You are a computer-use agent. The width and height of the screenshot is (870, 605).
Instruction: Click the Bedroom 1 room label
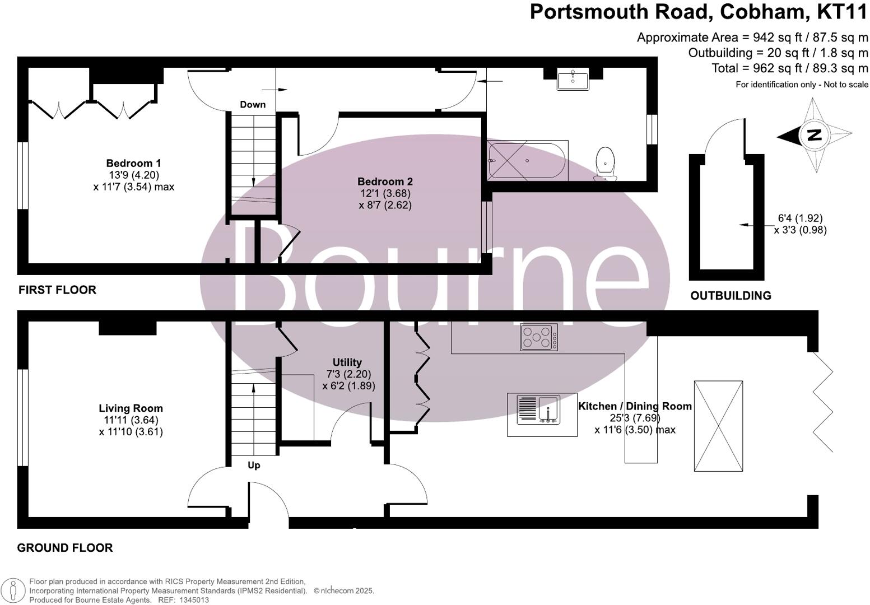click(133, 164)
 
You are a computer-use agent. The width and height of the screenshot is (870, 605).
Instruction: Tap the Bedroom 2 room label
click(385, 182)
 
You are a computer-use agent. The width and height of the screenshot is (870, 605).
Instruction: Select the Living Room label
click(131, 408)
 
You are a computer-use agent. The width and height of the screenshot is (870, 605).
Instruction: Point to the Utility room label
click(347, 362)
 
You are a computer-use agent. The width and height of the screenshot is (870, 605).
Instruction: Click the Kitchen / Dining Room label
click(635, 406)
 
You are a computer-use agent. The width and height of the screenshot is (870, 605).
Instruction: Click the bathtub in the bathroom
click(527, 161)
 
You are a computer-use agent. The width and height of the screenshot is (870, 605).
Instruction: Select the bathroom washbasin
click(573, 80)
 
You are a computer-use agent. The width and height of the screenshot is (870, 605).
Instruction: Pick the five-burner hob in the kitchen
click(538, 337)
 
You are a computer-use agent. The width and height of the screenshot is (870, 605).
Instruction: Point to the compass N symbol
click(814, 135)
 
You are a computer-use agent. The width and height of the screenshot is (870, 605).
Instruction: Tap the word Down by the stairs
click(253, 105)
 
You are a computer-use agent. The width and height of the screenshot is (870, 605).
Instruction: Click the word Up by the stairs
click(254, 466)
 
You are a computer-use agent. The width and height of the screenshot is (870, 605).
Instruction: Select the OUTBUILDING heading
click(731, 296)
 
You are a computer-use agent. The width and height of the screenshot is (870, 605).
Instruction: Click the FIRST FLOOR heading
click(57, 290)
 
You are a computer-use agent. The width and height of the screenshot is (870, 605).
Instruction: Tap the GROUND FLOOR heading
click(65, 548)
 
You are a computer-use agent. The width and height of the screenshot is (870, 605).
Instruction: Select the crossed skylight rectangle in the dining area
click(718, 426)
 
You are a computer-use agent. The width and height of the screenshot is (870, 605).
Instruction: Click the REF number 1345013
click(194, 600)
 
